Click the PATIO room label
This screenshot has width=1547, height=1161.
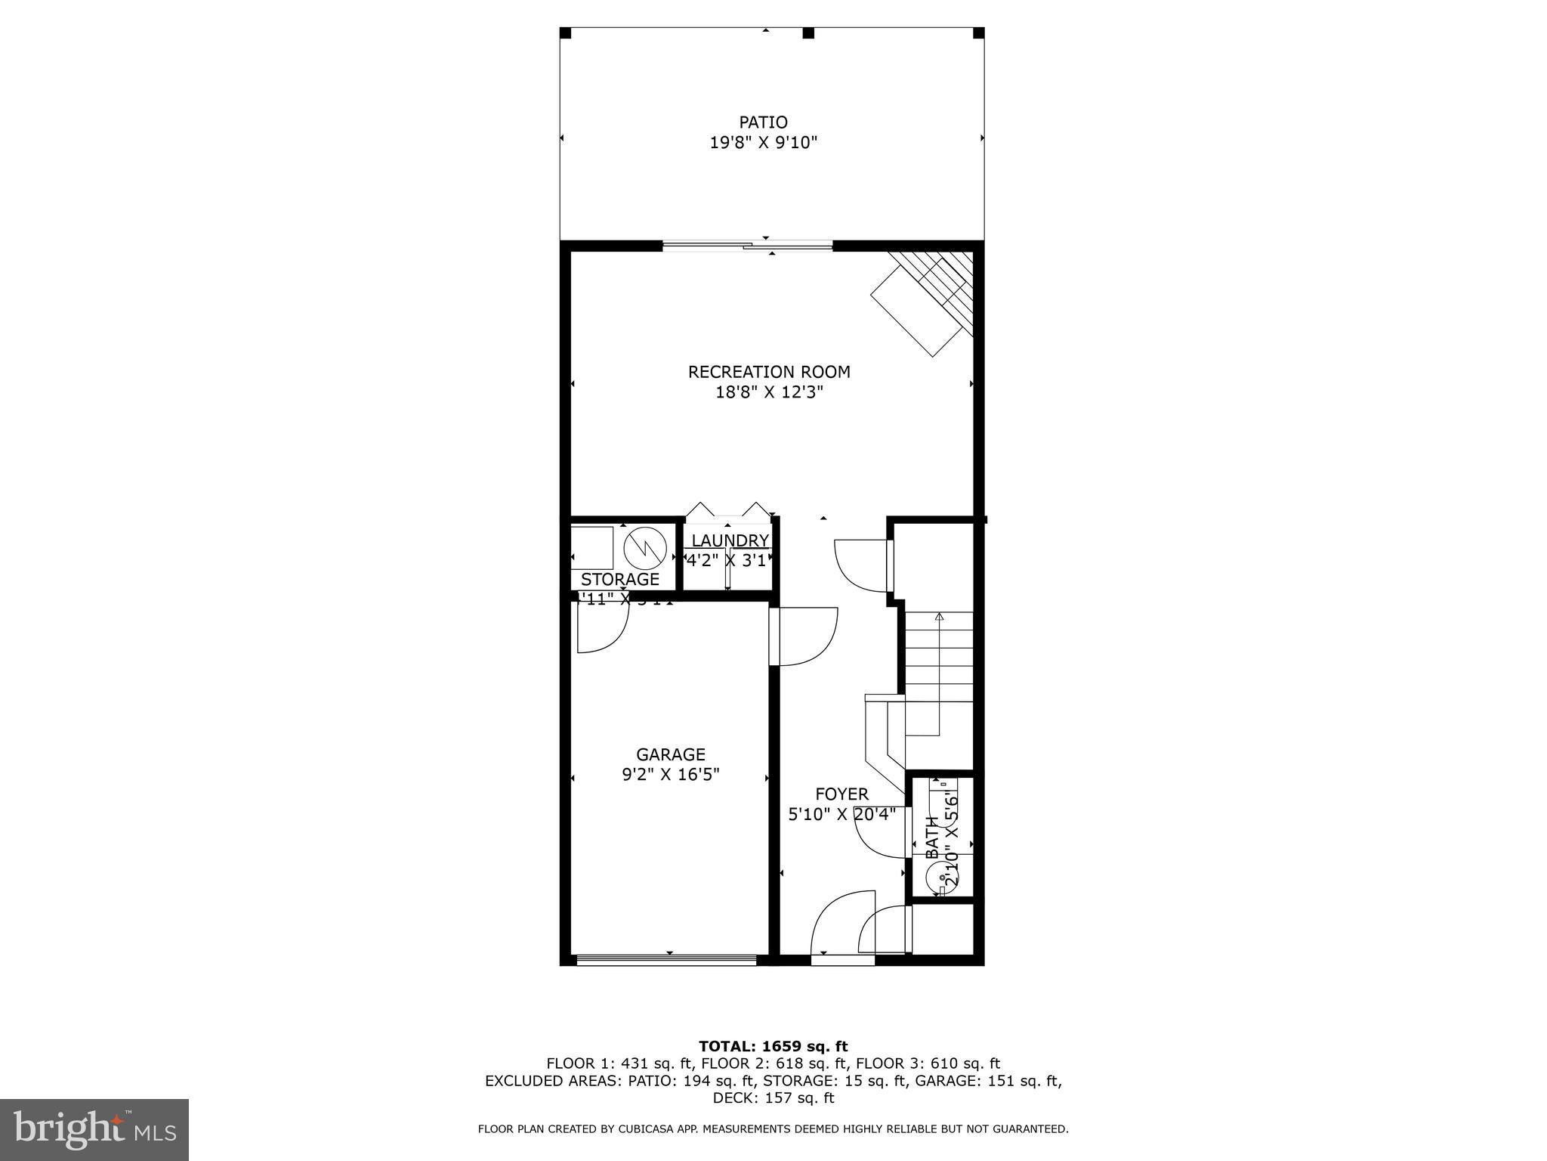(x=763, y=122)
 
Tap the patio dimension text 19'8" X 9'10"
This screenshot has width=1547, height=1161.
(x=764, y=143)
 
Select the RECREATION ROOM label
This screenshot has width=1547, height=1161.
(x=769, y=372)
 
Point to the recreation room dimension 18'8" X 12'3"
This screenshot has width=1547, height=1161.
(x=769, y=392)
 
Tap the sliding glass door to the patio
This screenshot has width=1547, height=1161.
(x=748, y=245)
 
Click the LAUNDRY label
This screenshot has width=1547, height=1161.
(x=730, y=541)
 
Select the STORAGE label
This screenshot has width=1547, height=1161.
(x=619, y=580)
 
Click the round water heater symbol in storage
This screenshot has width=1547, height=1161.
(x=644, y=547)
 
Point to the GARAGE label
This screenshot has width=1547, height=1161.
(x=670, y=754)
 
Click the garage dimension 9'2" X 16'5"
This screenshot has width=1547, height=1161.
(x=670, y=775)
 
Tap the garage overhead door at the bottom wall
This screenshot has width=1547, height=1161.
(x=666, y=961)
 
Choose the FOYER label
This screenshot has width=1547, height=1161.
(x=841, y=794)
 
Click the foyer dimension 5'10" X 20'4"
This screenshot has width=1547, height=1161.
(x=841, y=815)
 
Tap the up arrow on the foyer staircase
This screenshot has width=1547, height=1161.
(x=939, y=618)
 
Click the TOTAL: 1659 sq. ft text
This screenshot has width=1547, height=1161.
(x=773, y=1046)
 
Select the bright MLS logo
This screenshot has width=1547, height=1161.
(x=94, y=1128)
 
